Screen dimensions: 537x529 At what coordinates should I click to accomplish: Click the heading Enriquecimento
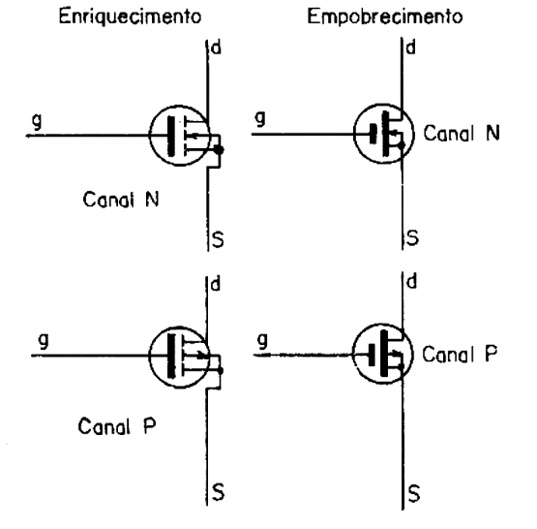(x=130, y=16)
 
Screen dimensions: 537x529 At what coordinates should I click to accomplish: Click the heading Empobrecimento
(x=385, y=17)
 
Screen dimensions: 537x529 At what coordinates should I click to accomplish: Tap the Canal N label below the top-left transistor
(x=121, y=200)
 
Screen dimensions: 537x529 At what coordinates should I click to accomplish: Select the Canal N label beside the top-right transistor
(x=462, y=133)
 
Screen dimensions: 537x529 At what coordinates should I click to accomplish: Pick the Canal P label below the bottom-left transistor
(x=117, y=426)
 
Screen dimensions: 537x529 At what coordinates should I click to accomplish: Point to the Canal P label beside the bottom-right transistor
(x=460, y=354)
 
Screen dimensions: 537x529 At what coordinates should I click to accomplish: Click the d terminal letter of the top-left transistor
(x=217, y=47)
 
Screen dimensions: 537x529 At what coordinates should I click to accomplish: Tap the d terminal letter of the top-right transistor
(x=410, y=47)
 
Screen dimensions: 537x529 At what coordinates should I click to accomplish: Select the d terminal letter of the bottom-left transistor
(x=216, y=284)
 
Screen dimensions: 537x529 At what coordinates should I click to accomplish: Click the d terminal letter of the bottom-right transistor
(x=411, y=282)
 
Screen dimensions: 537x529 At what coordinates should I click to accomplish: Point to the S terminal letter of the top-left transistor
(x=218, y=239)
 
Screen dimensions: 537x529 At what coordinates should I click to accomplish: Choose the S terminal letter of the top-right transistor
(x=412, y=237)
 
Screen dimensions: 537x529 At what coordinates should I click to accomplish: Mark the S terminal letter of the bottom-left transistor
(x=218, y=492)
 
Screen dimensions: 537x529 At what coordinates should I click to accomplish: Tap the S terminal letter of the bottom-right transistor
(x=414, y=494)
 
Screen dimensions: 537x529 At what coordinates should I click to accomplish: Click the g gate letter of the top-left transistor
(x=37, y=121)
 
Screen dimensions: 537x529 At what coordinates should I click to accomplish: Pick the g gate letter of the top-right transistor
(x=260, y=118)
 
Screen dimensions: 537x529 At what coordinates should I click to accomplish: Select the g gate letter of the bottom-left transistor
(x=44, y=341)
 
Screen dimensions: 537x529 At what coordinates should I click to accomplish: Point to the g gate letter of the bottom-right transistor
(x=262, y=341)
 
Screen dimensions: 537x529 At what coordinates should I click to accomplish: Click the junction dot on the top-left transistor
(x=219, y=150)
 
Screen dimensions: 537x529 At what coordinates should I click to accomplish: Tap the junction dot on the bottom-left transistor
(x=221, y=371)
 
